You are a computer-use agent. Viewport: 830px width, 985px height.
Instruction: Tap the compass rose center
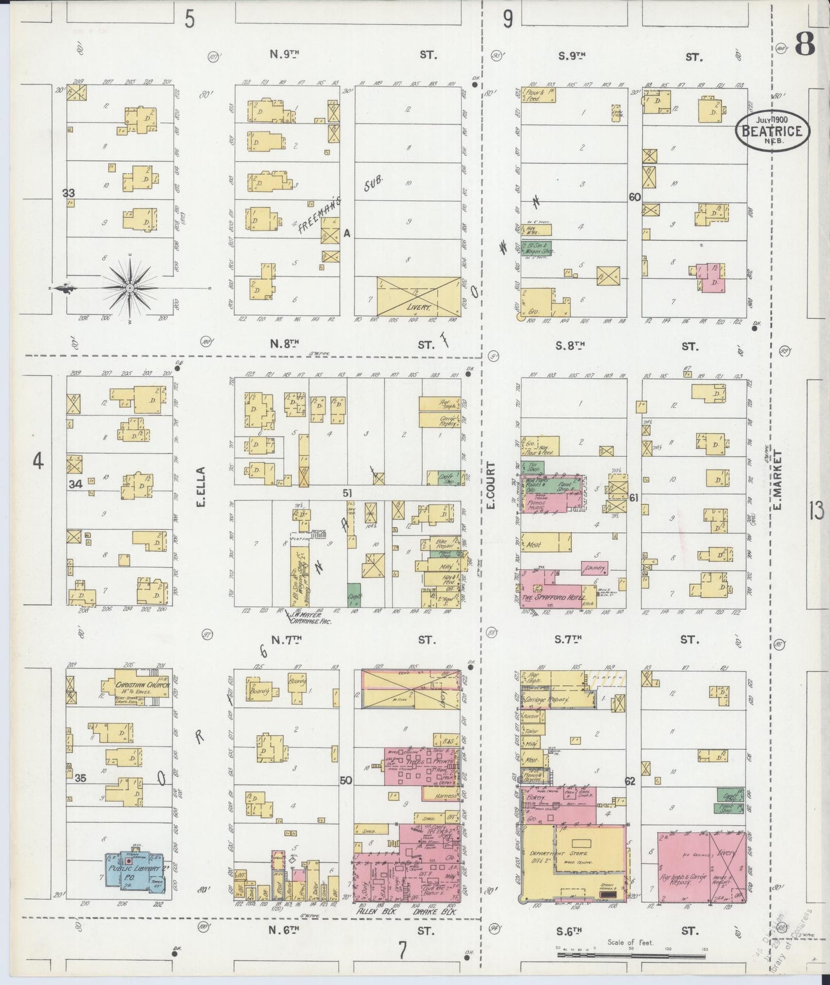(x=130, y=287)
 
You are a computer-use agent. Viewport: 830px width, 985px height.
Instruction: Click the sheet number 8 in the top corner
(x=806, y=44)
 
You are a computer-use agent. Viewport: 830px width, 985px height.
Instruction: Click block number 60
(x=634, y=197)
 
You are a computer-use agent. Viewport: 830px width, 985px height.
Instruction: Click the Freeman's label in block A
(x=319, y=214)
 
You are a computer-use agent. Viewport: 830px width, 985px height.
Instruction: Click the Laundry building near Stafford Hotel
(x=594, y=568)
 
